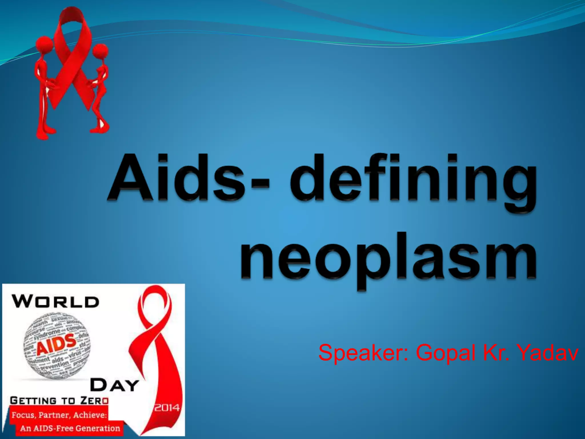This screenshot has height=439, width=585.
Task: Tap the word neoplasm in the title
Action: (x=388, y=259)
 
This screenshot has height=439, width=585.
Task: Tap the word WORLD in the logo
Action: (x=56, y=302)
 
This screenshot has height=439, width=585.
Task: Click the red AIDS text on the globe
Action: (x=56, y=344)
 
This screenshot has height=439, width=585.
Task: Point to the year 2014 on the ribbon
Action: (x=167, y=407)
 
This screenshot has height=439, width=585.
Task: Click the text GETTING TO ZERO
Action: (x=59, y=400)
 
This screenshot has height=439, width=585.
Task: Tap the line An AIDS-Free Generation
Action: (x=70, y=428)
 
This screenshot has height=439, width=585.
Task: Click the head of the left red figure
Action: (x=44, y=44)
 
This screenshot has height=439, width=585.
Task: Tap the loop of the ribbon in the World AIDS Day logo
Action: (x=154, y=306)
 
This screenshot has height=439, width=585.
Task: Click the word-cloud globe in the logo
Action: (x=56, y=346)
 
